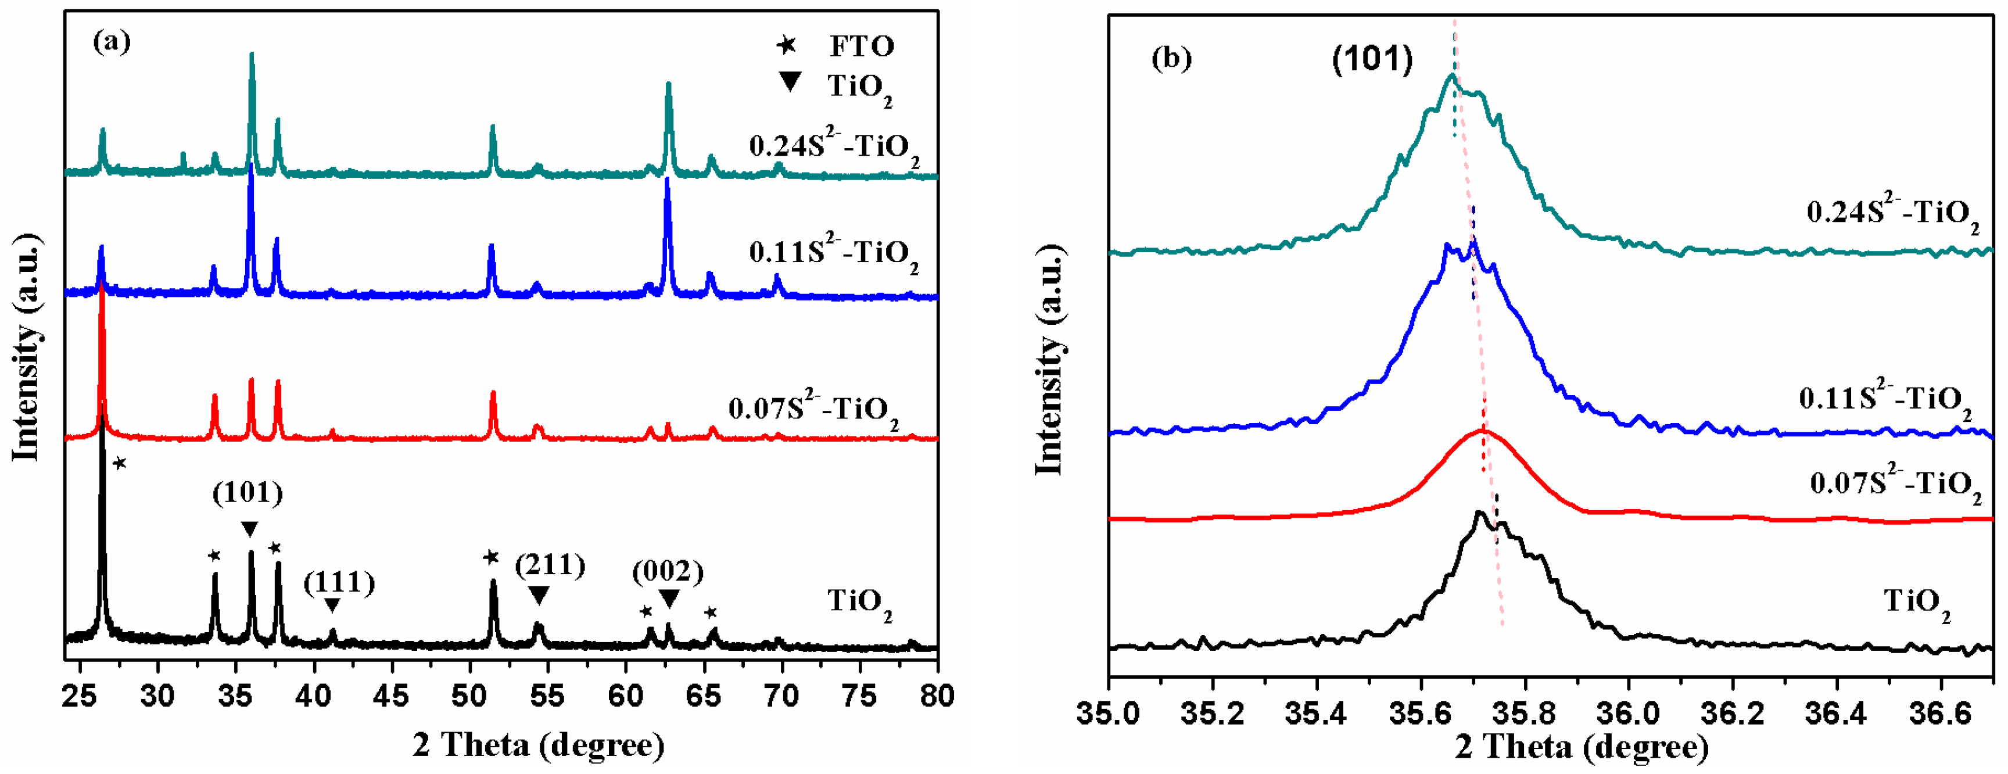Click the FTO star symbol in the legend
click(x=787, y=45)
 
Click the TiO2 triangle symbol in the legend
click(x=790, y=82)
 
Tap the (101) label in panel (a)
click(x=248, y=493)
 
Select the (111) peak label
click(x=339, y=582)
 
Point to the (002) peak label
click(x=668, y=572)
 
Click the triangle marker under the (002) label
click(x=669, y=599)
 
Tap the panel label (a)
click(x=112, y=41)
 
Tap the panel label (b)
click(x=1171, y=59)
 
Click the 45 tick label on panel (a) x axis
click(x=390, y=696)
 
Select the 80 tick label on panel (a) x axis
click(x=936, y=696)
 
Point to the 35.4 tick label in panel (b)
click(x=1317, y=713)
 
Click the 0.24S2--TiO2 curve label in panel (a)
click(x=833, y=148)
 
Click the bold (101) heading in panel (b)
click(x=1372, y=60)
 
